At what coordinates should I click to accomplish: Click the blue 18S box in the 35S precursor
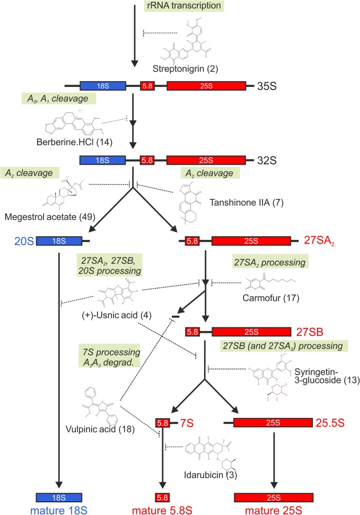(103, 85)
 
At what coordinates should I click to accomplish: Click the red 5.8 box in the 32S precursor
(147, 159)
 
